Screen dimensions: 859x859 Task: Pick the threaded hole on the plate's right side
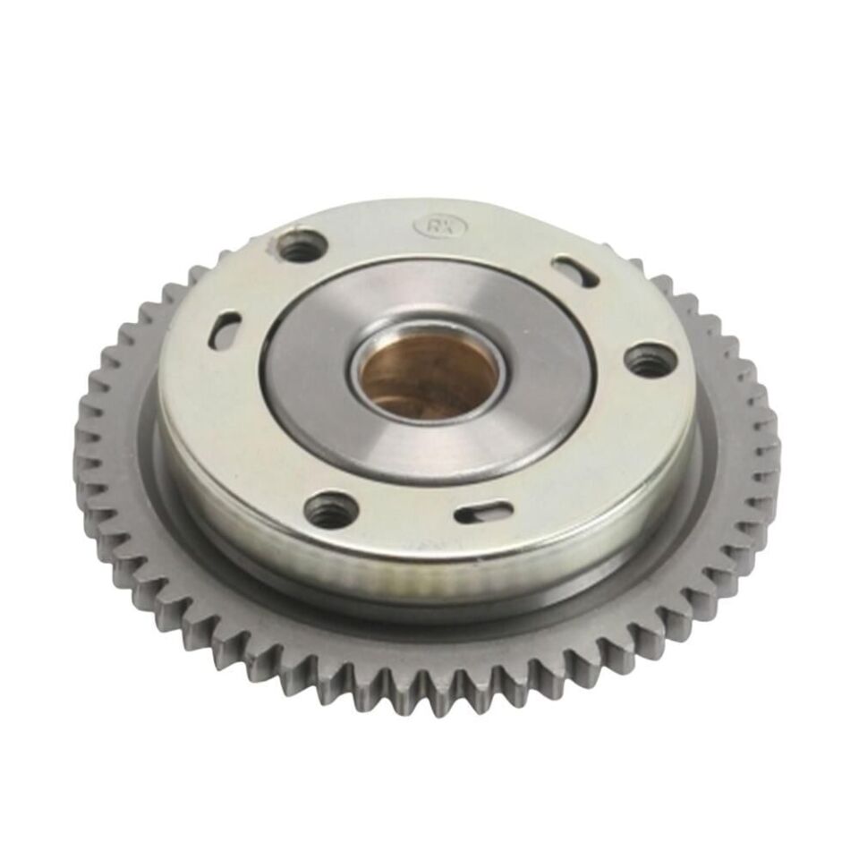click(649, 360)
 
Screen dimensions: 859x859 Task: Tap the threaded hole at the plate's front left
click(331, 509)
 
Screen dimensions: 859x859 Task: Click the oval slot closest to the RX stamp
click(574, 271)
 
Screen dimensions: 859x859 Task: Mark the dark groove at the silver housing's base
click(429, 598)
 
